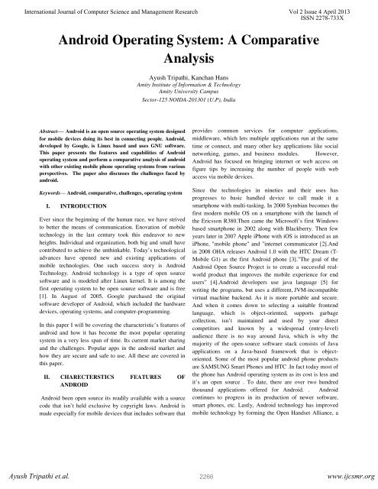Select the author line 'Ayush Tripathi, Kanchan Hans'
189,79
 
